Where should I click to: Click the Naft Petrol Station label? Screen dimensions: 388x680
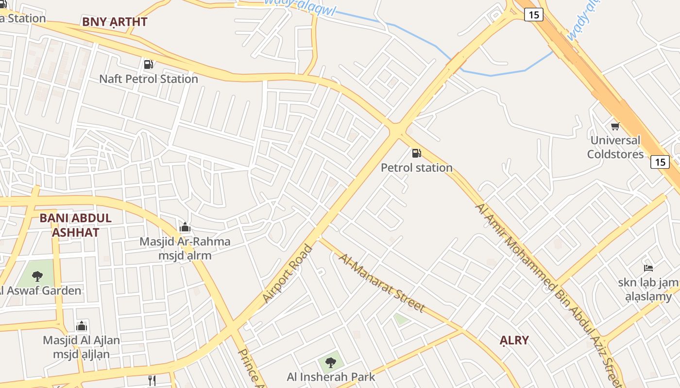pos(149,79)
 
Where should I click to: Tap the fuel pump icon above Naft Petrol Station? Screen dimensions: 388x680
pos(148,64)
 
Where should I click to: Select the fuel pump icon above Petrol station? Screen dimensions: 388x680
pos(416,153)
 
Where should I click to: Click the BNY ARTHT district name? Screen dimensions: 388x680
pos(115,22)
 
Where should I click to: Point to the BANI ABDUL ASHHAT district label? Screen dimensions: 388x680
pos(75,225)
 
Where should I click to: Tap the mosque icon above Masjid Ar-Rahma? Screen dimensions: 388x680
pos(185,227)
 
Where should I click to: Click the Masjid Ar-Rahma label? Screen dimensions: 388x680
pos(185,242)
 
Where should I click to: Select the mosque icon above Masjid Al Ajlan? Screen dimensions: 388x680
pos(82,326)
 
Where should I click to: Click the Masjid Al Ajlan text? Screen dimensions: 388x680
pos(82,340)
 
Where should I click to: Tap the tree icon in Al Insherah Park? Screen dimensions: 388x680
pos(331,362)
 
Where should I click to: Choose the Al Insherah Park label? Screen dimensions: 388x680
pos(331,377)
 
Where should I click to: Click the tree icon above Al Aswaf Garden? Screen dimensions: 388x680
pos(37,276)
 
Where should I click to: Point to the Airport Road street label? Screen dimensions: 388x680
pos(288,274)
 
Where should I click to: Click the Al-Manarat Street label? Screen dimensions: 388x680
pos(382,283)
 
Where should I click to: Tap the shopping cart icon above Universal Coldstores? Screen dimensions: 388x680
pos(615,126)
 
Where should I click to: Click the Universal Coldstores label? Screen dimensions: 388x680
pos(615,147)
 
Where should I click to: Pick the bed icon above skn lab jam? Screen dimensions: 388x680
pos(648,268)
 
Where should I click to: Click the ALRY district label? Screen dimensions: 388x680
pos(514,340)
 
